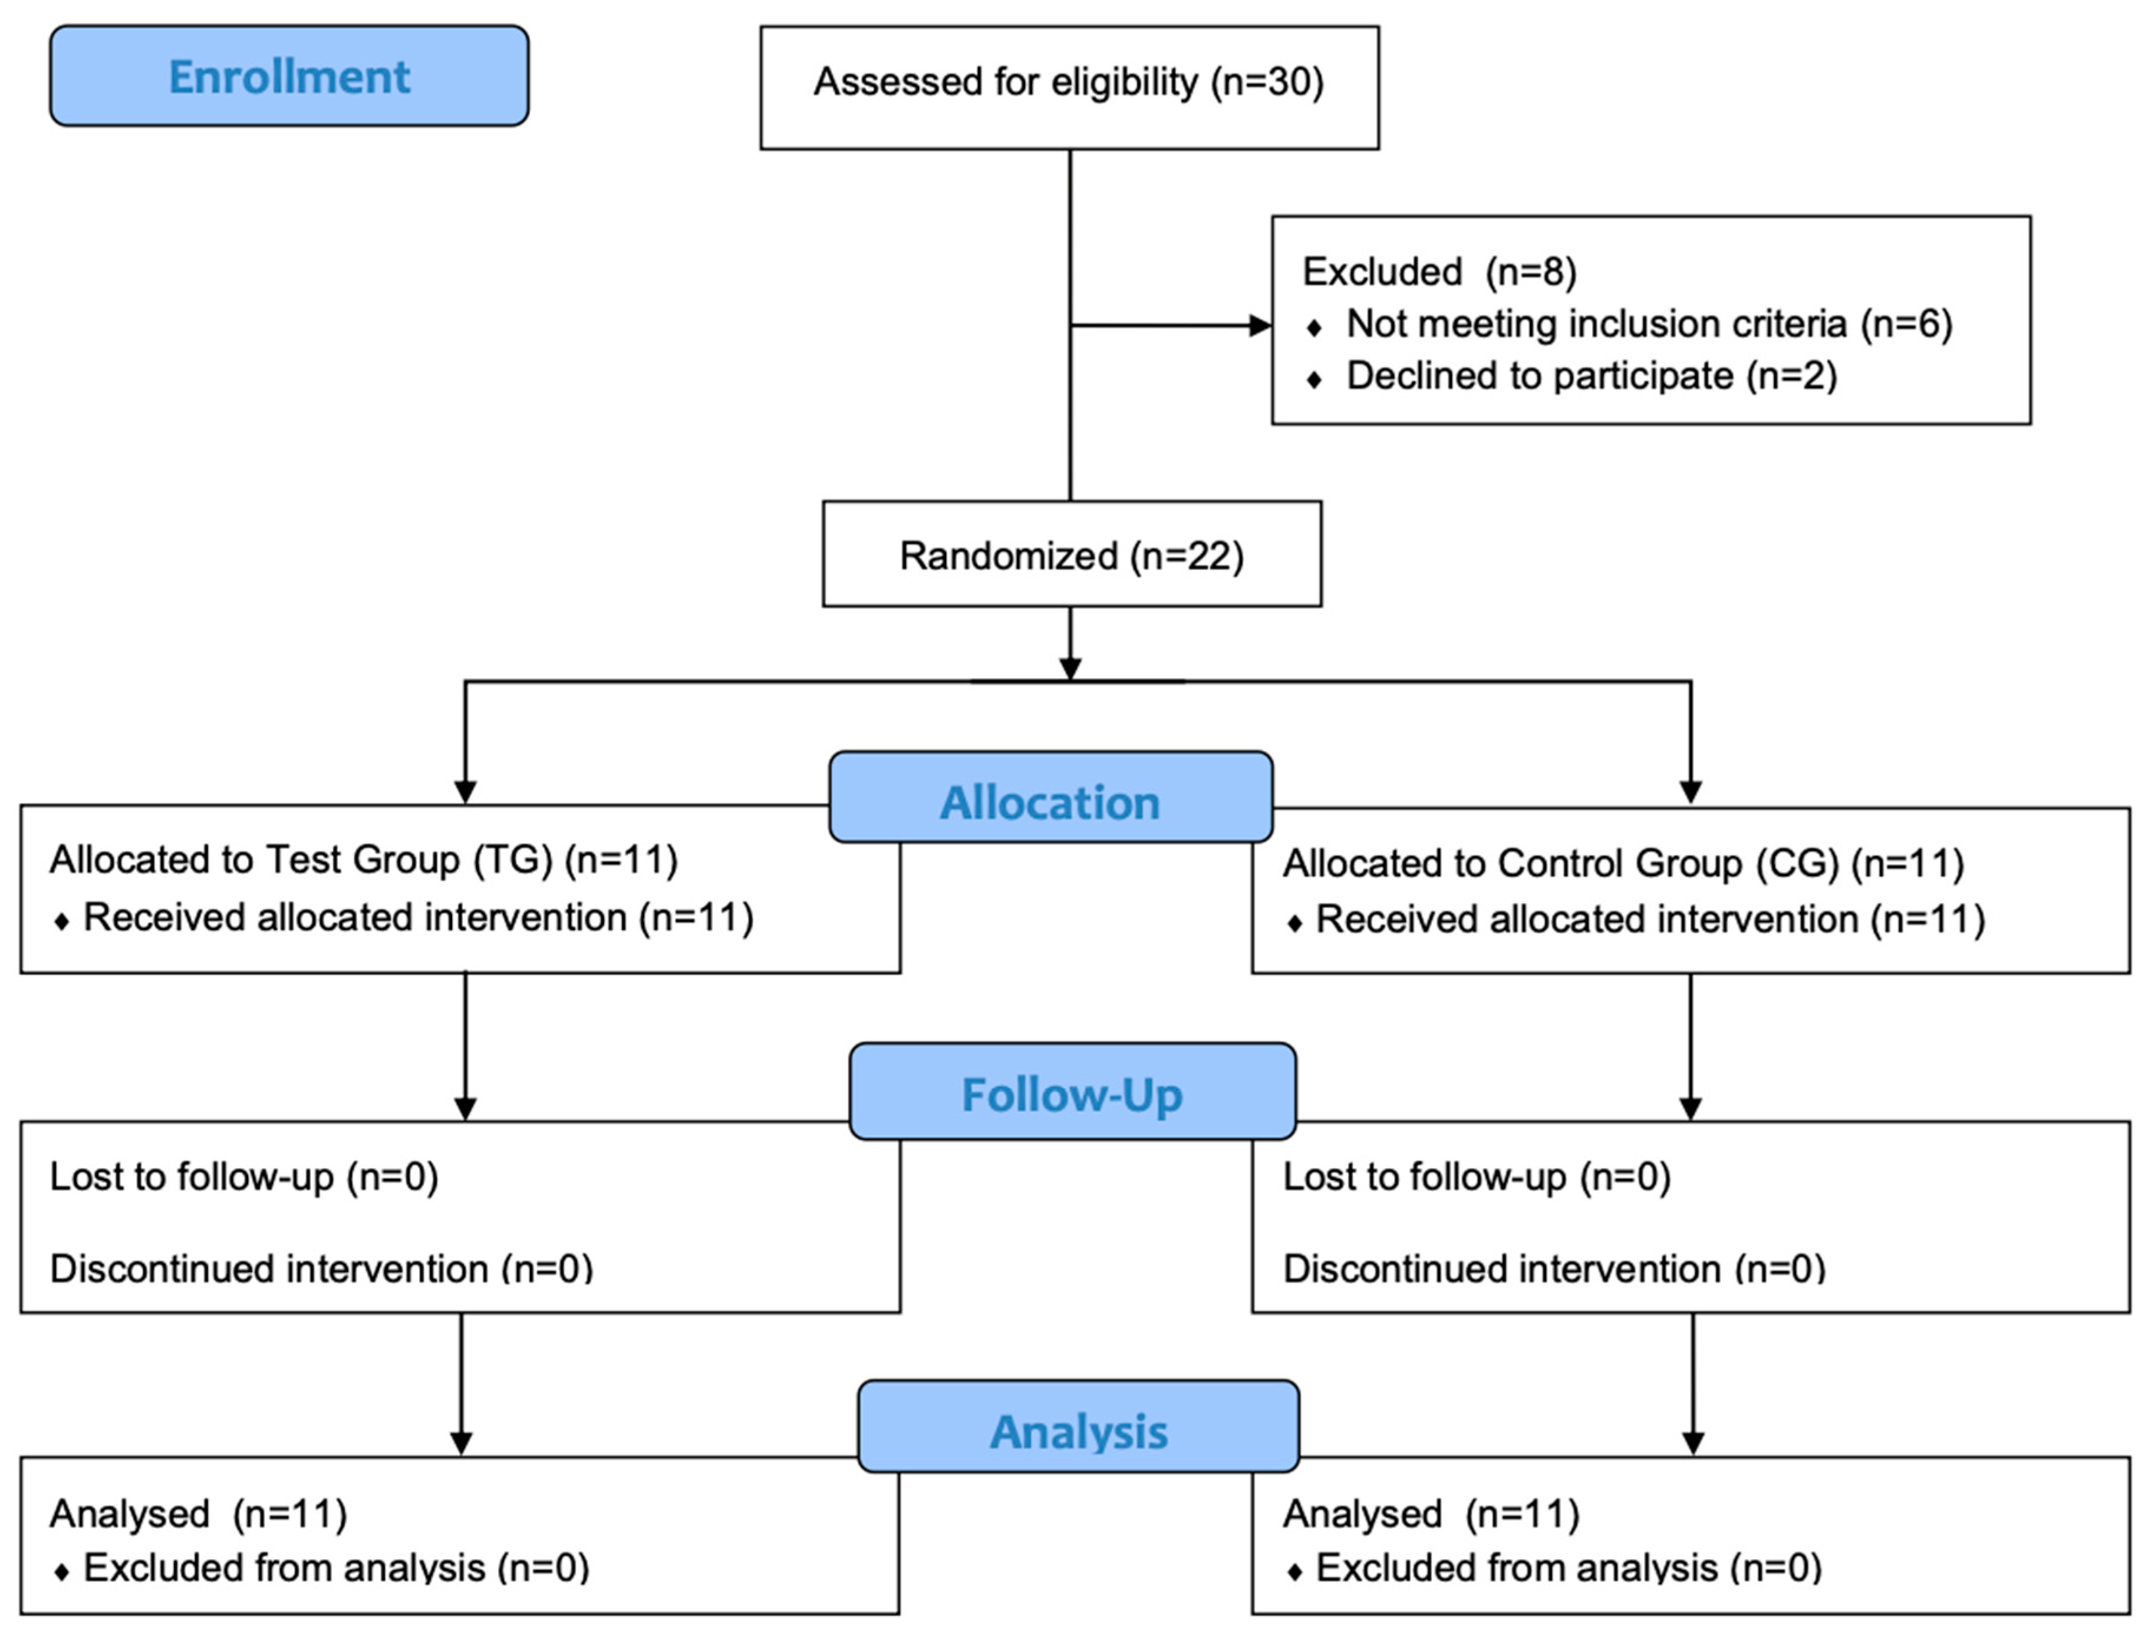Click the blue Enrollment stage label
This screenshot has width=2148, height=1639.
[289, 76]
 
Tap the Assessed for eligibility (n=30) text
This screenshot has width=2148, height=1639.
[1069, 82]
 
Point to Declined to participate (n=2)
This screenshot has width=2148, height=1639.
[1591, 376]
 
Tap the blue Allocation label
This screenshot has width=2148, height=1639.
[1050, 802]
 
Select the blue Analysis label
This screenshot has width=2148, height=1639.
[1078, 1431]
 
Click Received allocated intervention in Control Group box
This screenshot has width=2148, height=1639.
[1649, 919]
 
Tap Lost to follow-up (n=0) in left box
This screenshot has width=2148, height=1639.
[244, 1177]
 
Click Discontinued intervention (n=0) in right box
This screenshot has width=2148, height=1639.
[1554, 1268]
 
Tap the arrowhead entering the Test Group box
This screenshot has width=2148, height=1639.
[466, 792]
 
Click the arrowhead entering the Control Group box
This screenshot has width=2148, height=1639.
[1691, 792]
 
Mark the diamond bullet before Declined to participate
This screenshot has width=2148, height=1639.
[1315, 379]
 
